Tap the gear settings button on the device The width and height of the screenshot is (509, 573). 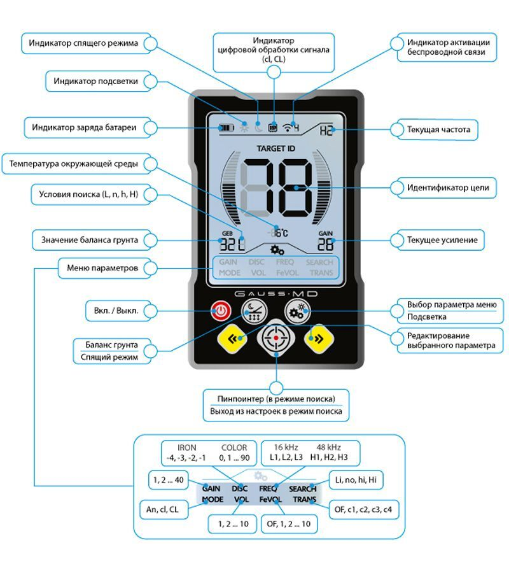[297, 311]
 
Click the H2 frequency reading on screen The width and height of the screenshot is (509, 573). [326, 131]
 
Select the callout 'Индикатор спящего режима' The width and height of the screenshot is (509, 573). [83, 44]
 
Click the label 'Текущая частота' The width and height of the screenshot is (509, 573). [438, 130]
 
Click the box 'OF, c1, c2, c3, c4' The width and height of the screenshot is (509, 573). [364, 509]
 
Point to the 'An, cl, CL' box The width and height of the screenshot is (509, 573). [163, 509]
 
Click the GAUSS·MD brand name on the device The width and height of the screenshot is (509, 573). [276, 294]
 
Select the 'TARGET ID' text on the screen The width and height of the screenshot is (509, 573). [275, 148]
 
